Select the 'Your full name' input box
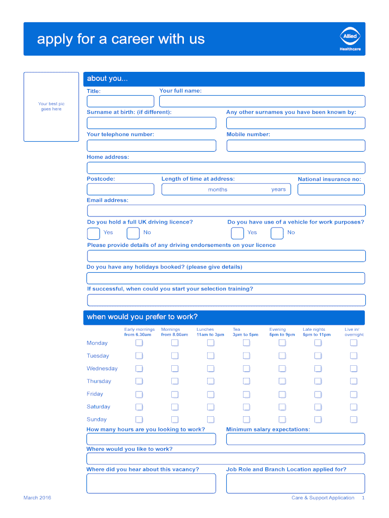click(262, 101)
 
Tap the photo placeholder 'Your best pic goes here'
click(51, 107)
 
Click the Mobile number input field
click(296, 146)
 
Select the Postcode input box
click(120, 189)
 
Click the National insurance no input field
click(331, 189)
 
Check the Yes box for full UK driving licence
click(93, 233)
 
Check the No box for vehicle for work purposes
click(277, 233)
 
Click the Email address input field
click(226, 210)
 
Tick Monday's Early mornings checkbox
click(139, 343)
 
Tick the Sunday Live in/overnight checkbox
click(354, 419)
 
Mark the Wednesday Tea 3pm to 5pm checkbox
click(246, 369)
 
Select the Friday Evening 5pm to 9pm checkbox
click(282, 394)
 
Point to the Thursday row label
click(99, 381)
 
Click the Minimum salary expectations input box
click(296, 439)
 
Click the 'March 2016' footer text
click(37, 498)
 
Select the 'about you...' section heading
click(108, 78)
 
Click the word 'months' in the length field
click(218, 190)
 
